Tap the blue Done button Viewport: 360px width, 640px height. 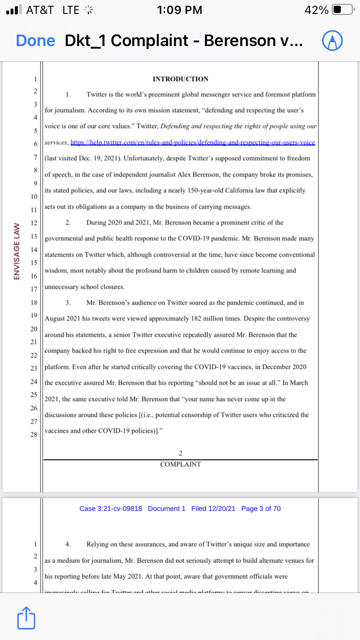(36, 40)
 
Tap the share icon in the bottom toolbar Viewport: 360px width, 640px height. (26, 619)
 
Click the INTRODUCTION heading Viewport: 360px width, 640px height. (180, 79)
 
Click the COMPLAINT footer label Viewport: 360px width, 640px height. (180, 464)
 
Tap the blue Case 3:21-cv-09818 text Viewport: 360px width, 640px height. (111, 509)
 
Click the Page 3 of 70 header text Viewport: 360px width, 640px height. (261, 509)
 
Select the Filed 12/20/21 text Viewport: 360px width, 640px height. (213, 509)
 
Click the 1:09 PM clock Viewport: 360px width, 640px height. (180, 10)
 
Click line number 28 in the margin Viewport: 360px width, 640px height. (34, 434)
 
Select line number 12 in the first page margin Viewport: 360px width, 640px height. (34, 223)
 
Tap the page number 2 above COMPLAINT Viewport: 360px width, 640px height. (180, 453)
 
